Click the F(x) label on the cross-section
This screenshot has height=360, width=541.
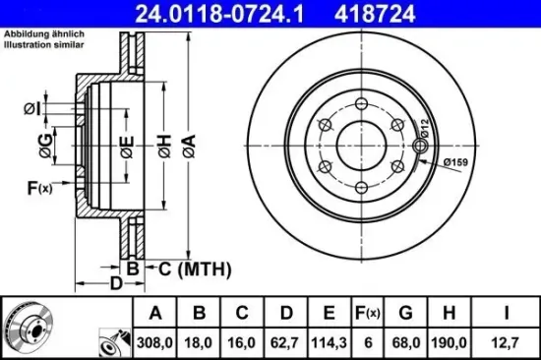(x=38, y=188)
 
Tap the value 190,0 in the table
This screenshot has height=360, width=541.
(x=448, y=341)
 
